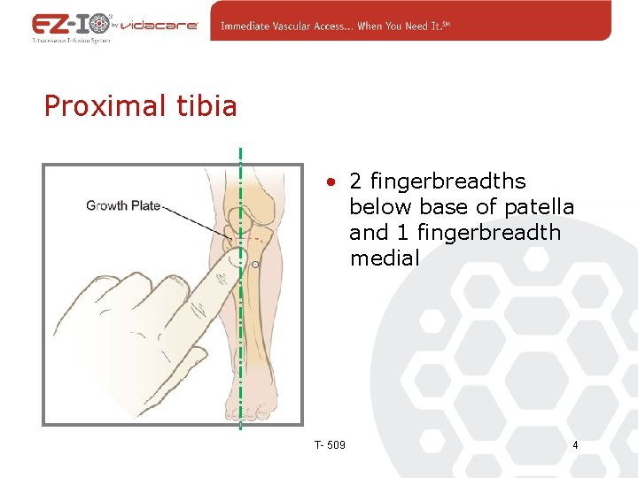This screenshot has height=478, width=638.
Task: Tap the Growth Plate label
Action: (x=123, y=205)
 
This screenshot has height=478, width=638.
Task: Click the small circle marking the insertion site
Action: (x=255, y=265)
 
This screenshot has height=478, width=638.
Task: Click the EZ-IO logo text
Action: (x=71, y=24)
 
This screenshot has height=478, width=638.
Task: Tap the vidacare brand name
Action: (x=166, y=26)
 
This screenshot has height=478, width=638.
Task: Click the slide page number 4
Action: (x=575, y=444)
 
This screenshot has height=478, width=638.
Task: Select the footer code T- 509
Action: (x=330, y=444)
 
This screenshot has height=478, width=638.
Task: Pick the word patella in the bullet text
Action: (x=539, y=207)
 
